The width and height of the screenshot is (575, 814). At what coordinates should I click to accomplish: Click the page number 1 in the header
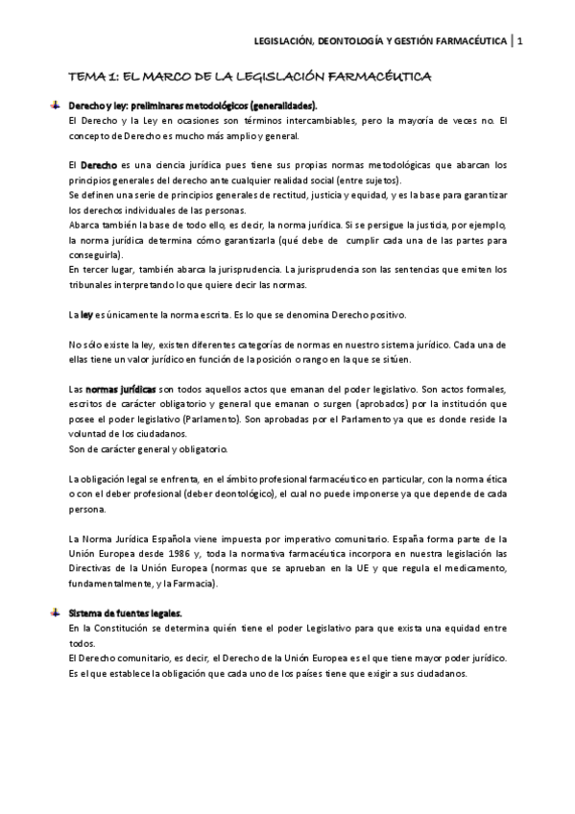tap(520, 40)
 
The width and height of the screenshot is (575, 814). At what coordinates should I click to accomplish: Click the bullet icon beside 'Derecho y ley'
tap(56, 104)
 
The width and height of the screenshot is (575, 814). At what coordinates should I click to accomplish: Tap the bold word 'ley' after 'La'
tap(86, 315)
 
